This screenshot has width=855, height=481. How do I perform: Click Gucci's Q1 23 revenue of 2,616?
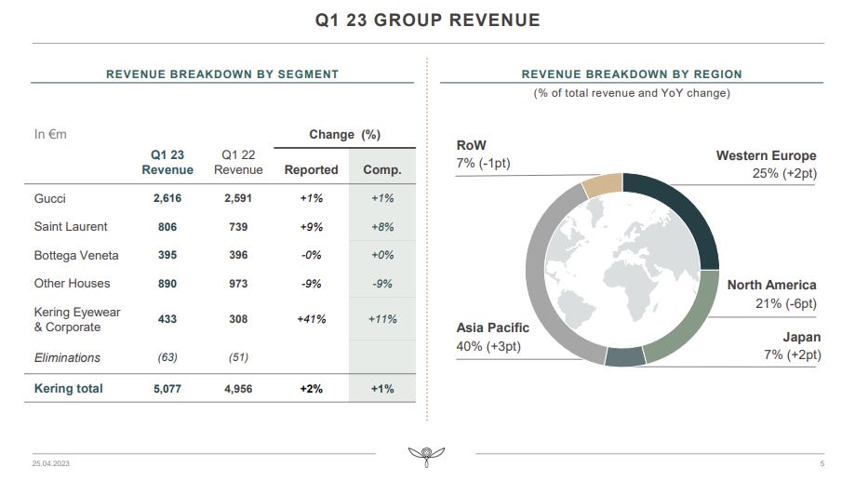[x=167, y=198]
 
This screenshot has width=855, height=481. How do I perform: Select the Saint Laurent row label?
[x=71, y=227]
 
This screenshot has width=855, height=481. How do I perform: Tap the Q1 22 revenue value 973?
[x=238, y=284]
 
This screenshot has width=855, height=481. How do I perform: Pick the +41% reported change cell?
[x=312, y=319]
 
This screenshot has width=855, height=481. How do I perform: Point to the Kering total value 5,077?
[x=167, y=389]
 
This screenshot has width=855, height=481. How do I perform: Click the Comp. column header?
[x=382, y=170]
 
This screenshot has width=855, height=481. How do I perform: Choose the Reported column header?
[x=312, y=170]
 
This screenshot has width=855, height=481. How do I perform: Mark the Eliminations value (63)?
[x=167, y=357]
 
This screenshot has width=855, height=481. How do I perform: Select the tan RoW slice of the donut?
[x=603, y=185]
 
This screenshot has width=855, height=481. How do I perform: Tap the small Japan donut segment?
[x=625, y=356]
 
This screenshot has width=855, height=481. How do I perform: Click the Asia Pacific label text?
[x=493, y=327]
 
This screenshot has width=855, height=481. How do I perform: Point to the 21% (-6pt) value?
[x=786, y=303]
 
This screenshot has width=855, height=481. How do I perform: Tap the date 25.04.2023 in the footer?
[x=51, y=463]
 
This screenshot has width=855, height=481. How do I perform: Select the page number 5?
[x=822, y=463]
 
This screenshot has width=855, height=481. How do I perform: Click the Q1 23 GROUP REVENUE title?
[x=428, y=20]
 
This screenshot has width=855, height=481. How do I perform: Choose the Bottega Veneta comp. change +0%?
[x=382, y=255]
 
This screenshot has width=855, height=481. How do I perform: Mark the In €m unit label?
[x=50, y=134]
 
